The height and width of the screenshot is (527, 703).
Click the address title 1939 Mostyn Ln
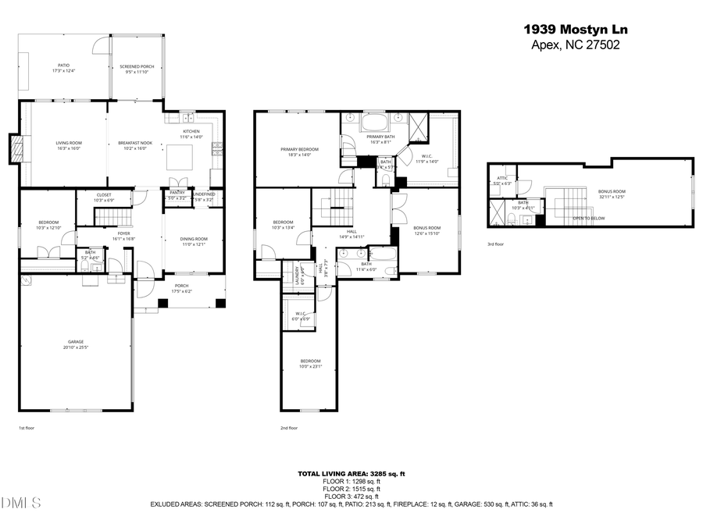(575, 30)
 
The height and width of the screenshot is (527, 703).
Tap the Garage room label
(76, 343)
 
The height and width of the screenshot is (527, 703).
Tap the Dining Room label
(194, 241)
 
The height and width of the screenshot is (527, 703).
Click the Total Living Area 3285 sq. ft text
(351, 474)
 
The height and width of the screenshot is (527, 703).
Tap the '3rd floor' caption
(496, 244)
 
